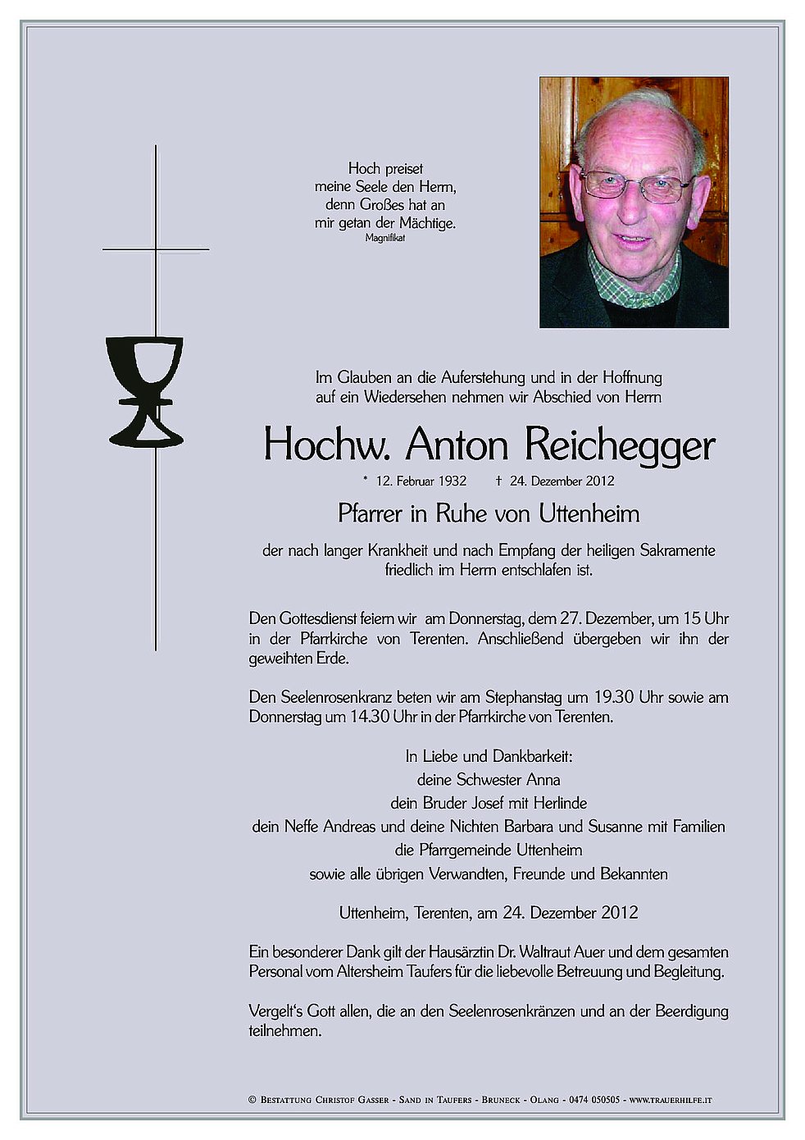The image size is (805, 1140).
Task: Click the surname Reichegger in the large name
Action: pos(619,445)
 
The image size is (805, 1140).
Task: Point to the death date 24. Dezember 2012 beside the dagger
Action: pos(562,481)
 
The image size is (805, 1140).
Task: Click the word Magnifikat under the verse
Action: pos(385,238)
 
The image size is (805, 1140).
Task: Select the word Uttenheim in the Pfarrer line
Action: pos(589,514)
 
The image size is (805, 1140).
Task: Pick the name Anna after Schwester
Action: pos(544,779)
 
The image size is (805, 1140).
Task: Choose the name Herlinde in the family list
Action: pos(558,803)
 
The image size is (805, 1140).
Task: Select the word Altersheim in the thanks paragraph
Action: pos(375,972)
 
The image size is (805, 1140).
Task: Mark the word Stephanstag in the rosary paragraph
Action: pos(523,698)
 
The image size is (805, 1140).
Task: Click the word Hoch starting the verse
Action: pos(364,169)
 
